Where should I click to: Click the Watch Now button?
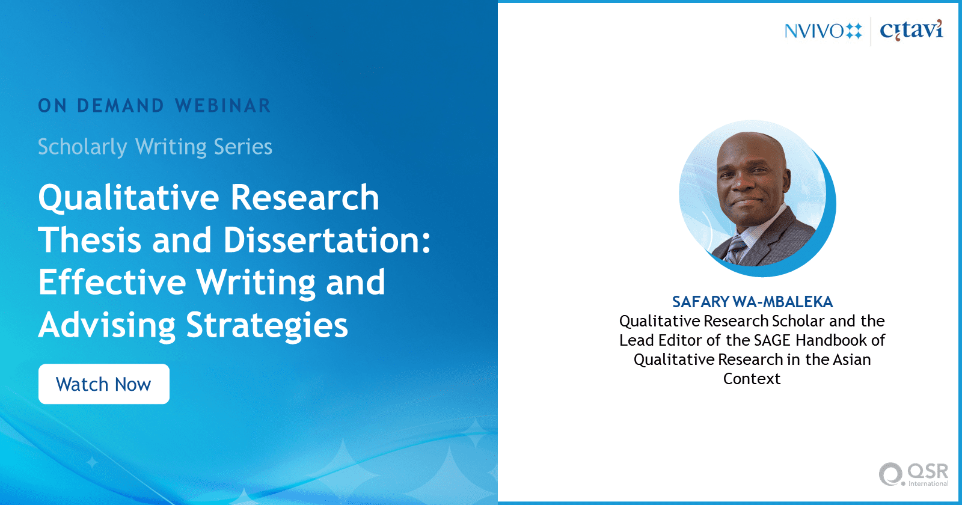click(104, 384)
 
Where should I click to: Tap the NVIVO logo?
click(823, 31)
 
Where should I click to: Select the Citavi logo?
click(911, 30)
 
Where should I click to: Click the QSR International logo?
click(913, 474)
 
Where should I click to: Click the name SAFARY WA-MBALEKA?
click(752, 302)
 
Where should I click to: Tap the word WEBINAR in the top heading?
click(223, 106)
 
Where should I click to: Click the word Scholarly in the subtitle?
click(82, 147)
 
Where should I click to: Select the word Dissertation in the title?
click(327, 240)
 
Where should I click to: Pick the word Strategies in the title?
click(267, 325)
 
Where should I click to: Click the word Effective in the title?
click(112, 282)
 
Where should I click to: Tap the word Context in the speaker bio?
click(752, 379)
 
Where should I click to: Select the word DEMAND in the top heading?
click(121, 106)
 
